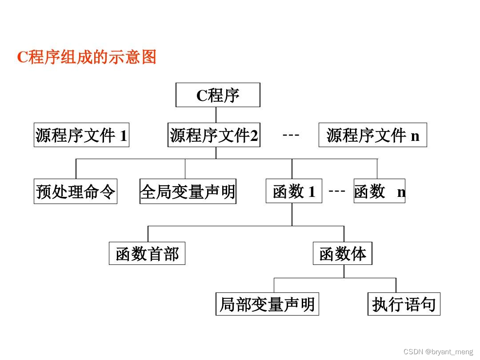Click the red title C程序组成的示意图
pos(87,57)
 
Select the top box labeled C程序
pos(218,95)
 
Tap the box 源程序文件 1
pos(82,135)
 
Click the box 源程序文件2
pos(214,135)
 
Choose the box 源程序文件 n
pos(372,135)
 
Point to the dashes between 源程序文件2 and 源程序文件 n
pos(291,134)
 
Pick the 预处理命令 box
pos(76,192)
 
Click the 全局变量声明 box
pos(188,192)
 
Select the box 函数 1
pos(294,192)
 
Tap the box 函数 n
pos(379,191)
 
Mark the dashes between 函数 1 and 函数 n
pos(337,191)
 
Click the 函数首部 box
pos(147,253)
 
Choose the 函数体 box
pos(343,253)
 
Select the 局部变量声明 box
pos(267,304)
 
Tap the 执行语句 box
pos(404,304)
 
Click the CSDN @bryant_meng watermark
pos(438,352)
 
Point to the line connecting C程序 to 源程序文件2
pos(216,115)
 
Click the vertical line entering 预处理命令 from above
pos(76,169)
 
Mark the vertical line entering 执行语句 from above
pos(396,285)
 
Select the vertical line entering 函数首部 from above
pos(148,234)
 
